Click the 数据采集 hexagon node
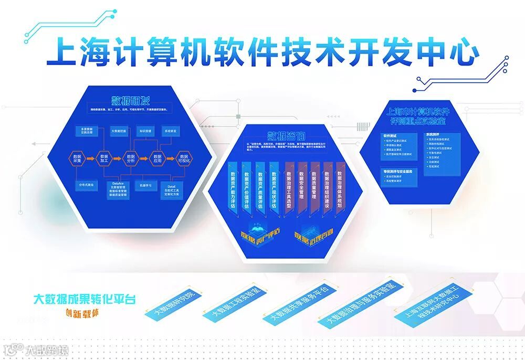tap(77, 157)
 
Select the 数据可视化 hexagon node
tap(184, 157)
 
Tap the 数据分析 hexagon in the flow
tap(131, 157)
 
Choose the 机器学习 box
tap(145, 185)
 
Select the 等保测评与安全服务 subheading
tap(398, 172)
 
